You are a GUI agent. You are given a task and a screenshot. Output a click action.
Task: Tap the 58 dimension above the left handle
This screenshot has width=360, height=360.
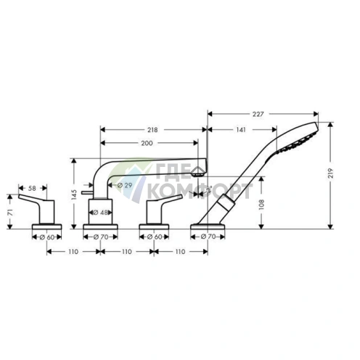pos(32,188)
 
